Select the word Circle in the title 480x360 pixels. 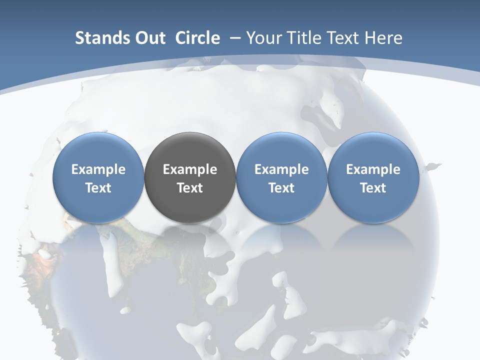[197, 38]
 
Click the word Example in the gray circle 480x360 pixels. [190, 169]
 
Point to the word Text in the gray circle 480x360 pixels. [190, 188]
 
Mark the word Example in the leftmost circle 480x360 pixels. [98, 169]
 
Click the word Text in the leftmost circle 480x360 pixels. [98, 188]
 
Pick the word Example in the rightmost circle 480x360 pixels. [373, 169]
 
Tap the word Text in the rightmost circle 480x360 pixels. [373, 188]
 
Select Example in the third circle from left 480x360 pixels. [281, 169]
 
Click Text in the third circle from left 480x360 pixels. [281, 188]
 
